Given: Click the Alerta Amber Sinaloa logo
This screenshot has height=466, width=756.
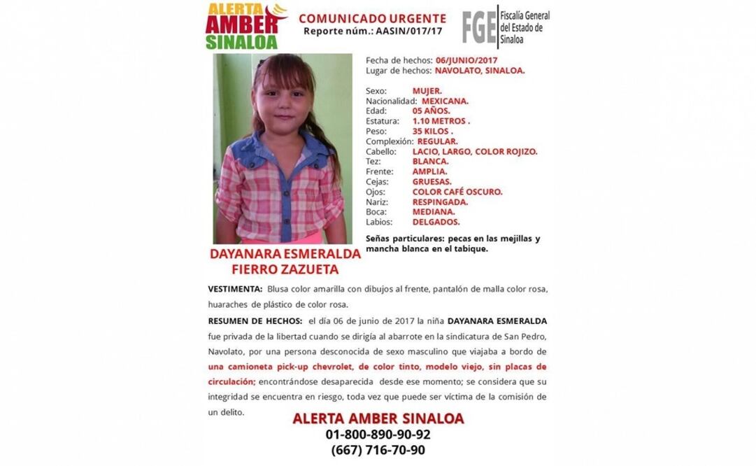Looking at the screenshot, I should [x=245, y=26].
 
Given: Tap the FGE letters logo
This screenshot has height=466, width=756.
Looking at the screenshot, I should [x=479, y=27].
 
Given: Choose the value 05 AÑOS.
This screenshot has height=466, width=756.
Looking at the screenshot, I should [x=431, y=111].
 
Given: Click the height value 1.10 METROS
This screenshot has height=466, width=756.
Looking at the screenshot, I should [x=441, y=121].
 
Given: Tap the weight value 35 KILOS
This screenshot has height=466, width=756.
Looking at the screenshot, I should [x=433, y=131].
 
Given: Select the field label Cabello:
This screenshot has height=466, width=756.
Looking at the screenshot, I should [x=380, y=151].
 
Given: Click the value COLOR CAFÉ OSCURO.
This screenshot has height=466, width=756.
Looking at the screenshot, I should [x=457, y=192].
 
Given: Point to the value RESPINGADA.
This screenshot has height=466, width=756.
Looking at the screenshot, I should [x=440, y=202].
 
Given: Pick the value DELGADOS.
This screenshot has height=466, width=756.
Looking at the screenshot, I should [x=436, y=222].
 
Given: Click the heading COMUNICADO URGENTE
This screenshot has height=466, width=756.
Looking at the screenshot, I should [x=372, y=18].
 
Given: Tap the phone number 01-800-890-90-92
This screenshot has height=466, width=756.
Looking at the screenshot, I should [x=378, y=435].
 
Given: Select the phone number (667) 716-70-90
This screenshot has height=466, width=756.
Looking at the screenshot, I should [x=378, y=450].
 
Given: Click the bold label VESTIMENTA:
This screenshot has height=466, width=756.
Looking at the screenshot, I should [x=236, y=289].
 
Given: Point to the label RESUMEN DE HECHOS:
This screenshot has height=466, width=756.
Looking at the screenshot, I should [x=255, y=320].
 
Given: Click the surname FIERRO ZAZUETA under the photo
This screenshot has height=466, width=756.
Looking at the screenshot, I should [x=285, y=269].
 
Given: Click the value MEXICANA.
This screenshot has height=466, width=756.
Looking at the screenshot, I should [x=445, y=101].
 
